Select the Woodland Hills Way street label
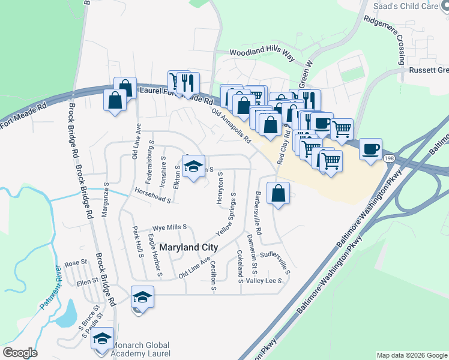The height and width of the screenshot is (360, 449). (262, 54)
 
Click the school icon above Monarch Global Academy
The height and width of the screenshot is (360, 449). (103, 339)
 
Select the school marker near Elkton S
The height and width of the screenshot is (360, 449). (193, 167)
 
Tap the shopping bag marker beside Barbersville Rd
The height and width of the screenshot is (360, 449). (277, 194)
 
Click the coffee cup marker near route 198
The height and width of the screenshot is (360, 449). (370, 148)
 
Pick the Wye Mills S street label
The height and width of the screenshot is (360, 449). (170, 228)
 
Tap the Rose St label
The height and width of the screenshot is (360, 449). (76, 263)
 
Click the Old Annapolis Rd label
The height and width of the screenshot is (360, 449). (231, 125)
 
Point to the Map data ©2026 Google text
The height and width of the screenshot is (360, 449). (411, 355)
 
